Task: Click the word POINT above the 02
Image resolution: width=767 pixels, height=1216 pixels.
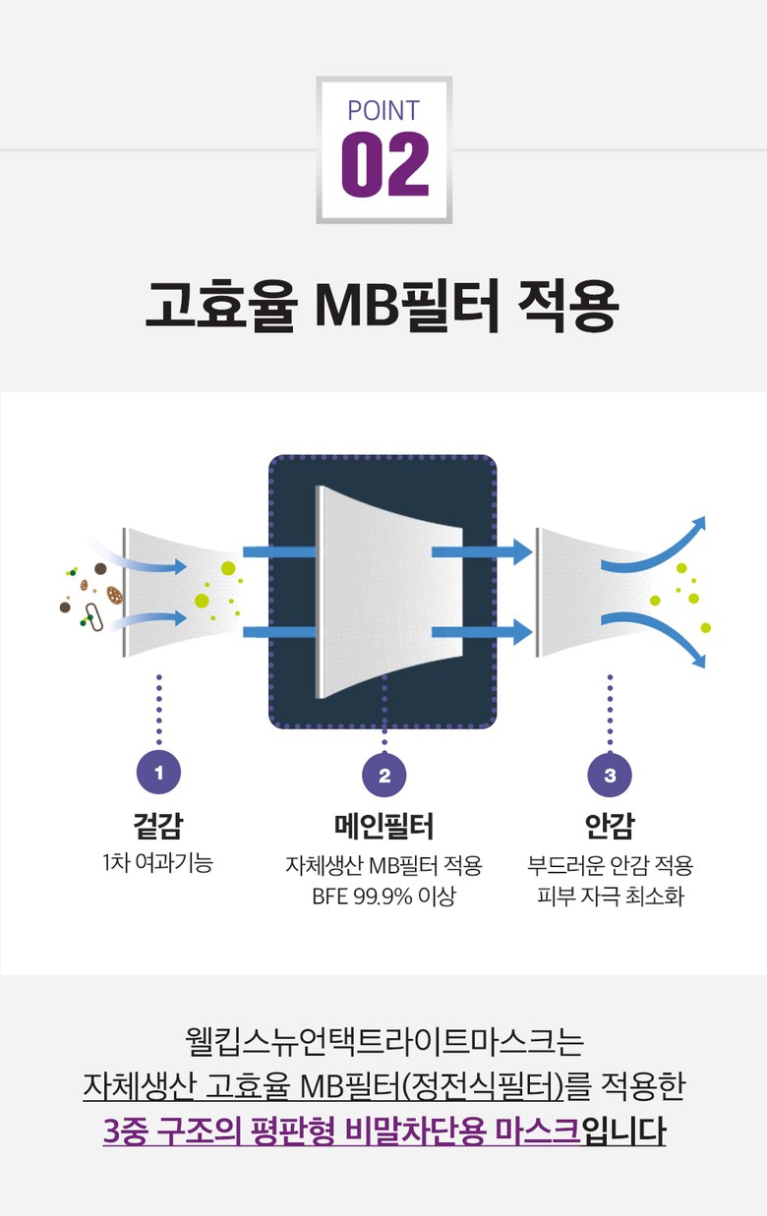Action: pos(383,110)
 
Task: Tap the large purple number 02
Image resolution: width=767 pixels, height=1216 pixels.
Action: pos(384,164)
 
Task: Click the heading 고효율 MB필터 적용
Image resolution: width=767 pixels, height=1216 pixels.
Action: pos(383,305)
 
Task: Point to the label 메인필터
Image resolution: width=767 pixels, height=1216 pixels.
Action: pos(383,826)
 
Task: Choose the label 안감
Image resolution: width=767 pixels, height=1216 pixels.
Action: pos(610,826)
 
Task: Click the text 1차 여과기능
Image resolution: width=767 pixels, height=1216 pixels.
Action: pos(158,864)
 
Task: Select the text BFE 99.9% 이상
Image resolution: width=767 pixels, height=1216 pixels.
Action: pos(383,897)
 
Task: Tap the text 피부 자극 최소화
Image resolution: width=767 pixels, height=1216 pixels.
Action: pos(610,897)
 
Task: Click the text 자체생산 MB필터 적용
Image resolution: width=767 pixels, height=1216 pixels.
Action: pos(383,866)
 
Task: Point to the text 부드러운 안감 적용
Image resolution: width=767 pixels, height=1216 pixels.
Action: pos(610,866)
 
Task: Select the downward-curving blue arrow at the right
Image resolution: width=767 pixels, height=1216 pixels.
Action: pos(659,636)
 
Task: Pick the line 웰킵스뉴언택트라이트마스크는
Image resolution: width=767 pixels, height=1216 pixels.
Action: pos(383,1041)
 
